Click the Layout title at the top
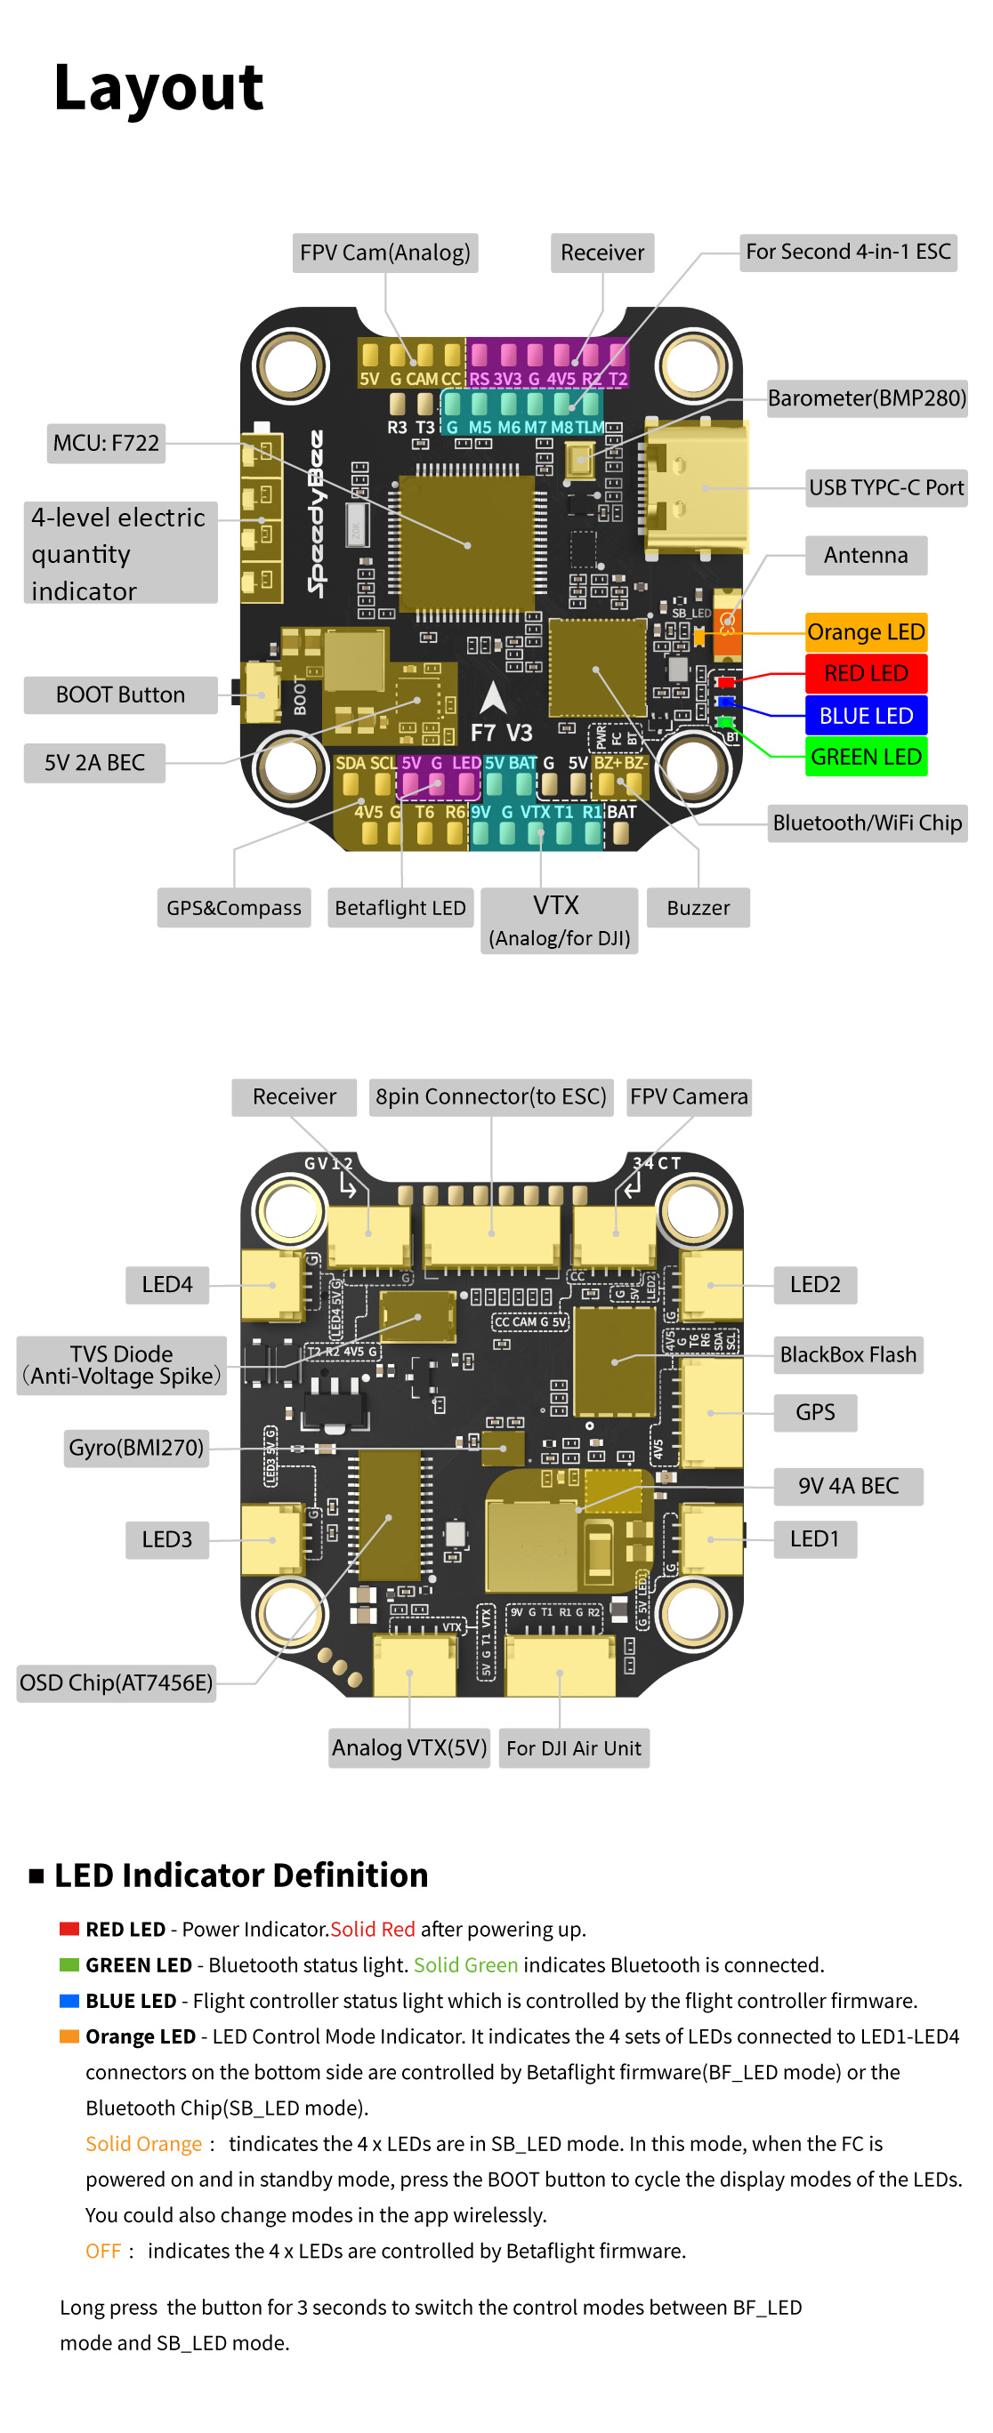[158, 88]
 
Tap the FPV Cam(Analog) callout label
[384, 253]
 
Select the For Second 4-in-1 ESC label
[847, 253]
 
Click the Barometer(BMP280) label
[866, 398]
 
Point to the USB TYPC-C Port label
[885, 488]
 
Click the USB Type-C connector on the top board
[698, 486]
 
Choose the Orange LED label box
[865, 633]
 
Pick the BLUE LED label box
[865, 716]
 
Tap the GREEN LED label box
[865, 758]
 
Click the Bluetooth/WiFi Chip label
[867, 823]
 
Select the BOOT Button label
[120, 695]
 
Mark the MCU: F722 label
[106, 443]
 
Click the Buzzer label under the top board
[698, 909]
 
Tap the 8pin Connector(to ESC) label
[490, 1097]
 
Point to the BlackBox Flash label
[847, 1355]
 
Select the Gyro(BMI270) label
[136, 1448]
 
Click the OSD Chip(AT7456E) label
[117, 1683]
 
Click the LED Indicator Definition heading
[241, 1875]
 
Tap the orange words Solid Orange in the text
[143, 2144]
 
